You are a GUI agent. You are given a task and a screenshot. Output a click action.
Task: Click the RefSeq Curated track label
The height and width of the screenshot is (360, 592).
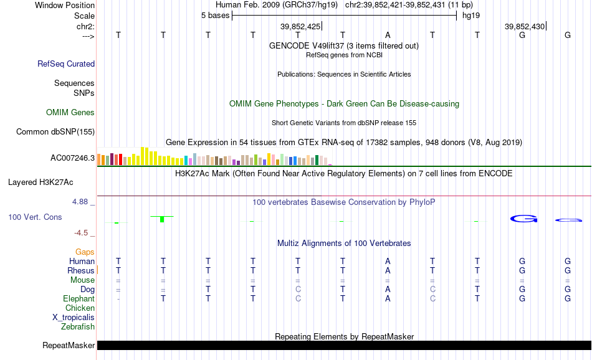pyautogui.click(x=66, y=64)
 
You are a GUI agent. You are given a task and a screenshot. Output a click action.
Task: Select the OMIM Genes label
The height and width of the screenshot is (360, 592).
pyautogui.click(x=70, y=113)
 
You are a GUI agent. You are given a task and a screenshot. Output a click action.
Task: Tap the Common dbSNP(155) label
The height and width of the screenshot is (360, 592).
pyautogui.click(x=55, y=131)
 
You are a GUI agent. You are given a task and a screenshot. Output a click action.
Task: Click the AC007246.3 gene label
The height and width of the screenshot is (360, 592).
pyautogui.click(x=72, y=158)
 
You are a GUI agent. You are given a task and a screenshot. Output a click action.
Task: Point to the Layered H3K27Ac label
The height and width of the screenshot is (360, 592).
pyautogui.click(x=41, y=182)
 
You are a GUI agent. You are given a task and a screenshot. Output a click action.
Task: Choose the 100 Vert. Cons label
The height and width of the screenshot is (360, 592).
pyautogui.click(x=35, y=217)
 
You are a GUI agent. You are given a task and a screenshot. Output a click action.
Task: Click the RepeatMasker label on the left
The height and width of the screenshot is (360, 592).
pyautogui.click(x=69, y=345)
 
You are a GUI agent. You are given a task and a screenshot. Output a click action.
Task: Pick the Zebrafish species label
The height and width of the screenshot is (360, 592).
pyautogui.click(x=78, y=326)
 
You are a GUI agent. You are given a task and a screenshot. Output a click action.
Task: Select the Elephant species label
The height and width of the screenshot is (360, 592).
pyautogui.click(x=79, y=298)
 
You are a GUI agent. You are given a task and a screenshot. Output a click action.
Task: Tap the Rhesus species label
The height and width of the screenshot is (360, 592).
pyautogui.click(x=81, y=270)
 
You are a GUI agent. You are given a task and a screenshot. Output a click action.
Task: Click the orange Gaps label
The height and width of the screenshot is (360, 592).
pyautogui.click(x=85, y=252)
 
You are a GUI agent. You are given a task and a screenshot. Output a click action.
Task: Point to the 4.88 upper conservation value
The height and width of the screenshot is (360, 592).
pyautogui.click(x=80, y=202)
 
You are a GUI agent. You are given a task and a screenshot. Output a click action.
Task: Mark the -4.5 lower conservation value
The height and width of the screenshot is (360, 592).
pyautogui.click(x=81, y=233)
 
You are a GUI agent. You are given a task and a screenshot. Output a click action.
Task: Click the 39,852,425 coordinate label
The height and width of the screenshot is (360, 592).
pyautogui.click(x=300, y=26)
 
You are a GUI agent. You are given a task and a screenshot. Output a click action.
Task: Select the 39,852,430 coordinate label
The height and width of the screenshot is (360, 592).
pyautogui.click(x=525, y=26)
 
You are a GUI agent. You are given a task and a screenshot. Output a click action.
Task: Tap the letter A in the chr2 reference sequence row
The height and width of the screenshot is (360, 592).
pyautogui.click(x=388, y=35)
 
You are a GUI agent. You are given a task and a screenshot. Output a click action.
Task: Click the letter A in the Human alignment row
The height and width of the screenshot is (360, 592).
pyautogui.click(x=388, y=261)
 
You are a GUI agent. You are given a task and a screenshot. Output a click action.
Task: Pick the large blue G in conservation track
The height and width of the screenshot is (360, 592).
pyautogui.click(x=523, y=219)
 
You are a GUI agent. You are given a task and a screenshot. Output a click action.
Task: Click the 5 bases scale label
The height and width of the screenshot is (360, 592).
pyautogui.click(x=215, y=16)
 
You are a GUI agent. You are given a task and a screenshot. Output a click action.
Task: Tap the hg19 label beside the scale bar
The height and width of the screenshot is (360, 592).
pyautogui.click(x=471, y=16)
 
